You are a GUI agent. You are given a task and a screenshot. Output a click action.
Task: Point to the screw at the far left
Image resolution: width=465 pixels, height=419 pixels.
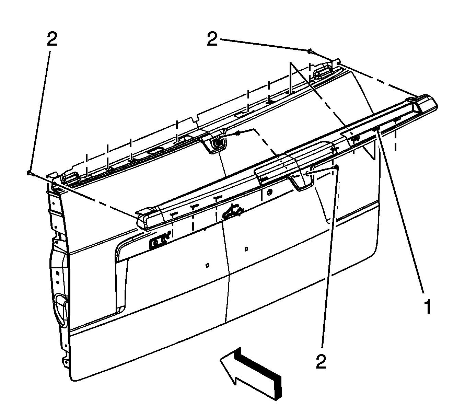[x=28, y=172]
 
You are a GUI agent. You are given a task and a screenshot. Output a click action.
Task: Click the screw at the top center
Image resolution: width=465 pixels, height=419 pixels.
[x=310, y=51]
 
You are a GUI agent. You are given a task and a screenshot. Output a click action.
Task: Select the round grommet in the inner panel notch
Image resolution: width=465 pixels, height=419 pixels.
[x=217, y=143]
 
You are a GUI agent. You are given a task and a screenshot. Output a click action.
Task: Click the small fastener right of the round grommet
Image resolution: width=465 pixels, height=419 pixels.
[x=237, y=133]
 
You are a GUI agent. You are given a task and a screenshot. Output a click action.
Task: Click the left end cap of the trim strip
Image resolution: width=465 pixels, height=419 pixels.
[x=143, y=219]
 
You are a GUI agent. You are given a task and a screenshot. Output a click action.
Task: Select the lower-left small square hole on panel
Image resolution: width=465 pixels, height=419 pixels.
[x=207, y=265]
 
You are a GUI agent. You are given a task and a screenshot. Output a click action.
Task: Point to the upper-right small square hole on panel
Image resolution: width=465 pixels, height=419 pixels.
[x=246, y=248]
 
